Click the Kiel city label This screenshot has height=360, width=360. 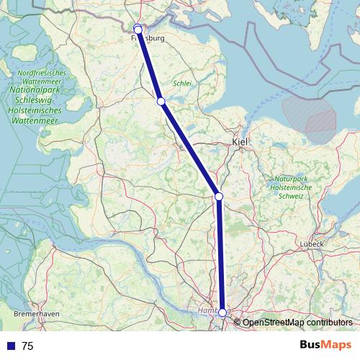(240, 143)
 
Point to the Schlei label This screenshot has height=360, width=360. (182, 84)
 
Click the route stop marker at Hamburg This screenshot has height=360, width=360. (222, 312)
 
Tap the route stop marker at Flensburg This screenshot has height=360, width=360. (138, 29)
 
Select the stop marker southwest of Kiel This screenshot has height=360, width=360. (218, 196)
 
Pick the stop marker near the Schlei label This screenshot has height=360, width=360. (161, 102)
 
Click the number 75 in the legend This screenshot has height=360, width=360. (28, 346)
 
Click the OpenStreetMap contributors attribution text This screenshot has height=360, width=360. (297, 323)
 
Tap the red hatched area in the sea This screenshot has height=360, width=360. (311, 115)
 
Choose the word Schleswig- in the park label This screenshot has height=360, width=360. (41, 102)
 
